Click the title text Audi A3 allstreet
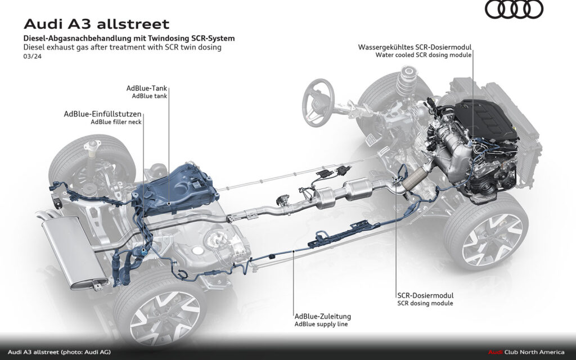[x=96, y=24]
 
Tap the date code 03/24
[x=31, y=56]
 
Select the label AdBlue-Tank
[x=148, y=88]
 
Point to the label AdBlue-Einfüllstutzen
[x=102, y=114]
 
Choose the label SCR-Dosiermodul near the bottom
[x=425, y=295]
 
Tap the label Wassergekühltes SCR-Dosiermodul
[x=415, y=47]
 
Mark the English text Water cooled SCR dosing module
[x=424, y=55]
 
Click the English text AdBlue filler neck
[x=116, y=121]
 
